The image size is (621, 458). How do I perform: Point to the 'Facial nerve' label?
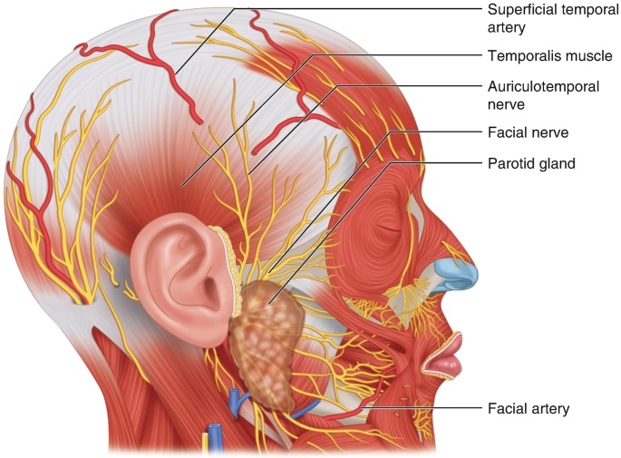(526, 132)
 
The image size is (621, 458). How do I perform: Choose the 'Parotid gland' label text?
(532, 163)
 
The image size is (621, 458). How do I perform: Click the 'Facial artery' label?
(528, 408)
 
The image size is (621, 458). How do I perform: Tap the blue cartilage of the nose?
(453, 273)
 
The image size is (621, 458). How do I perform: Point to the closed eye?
(388, 229)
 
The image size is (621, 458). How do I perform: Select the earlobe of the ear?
(204, 336)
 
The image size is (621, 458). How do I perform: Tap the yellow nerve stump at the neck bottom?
(205, 443)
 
